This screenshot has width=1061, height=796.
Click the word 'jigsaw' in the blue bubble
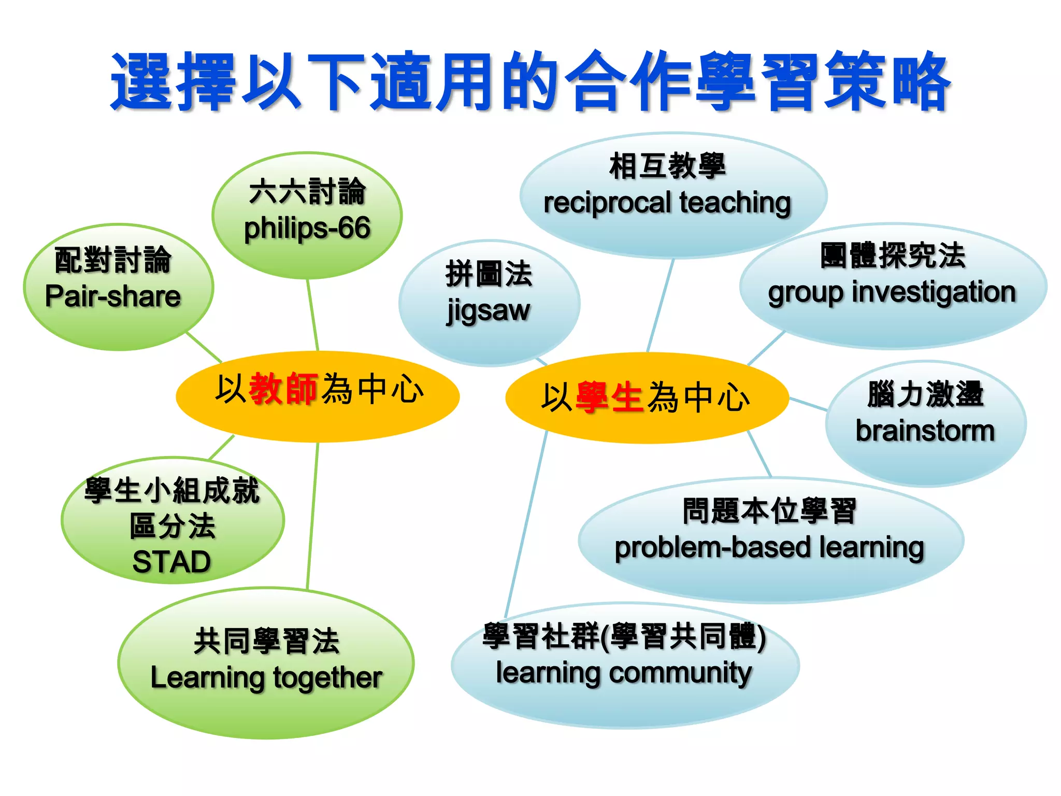[x=488, y=311]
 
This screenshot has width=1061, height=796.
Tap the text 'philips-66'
[x=307, y=228]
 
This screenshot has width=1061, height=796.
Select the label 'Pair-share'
[x=112, y=296]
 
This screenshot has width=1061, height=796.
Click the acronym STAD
[x=171, y=562]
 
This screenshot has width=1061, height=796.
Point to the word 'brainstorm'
[x=925, y=431]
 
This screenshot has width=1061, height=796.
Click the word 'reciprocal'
[x=607, y=203]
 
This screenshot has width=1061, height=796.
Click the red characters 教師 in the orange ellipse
[x=283, y=389]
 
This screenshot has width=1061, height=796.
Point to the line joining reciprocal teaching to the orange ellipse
[x=661, y=306]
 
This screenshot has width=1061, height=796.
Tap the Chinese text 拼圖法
[x=489, y=274]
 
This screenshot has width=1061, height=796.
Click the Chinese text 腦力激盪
[x=925, y=394]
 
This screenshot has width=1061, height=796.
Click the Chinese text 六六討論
[x=307, y=191]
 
